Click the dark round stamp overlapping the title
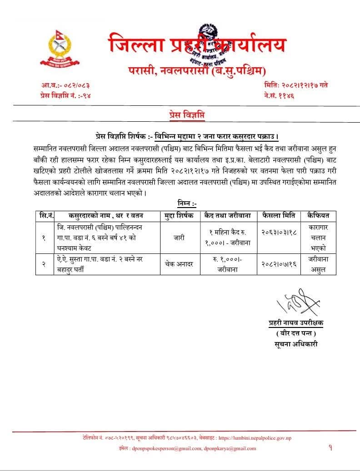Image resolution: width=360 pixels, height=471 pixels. click(210, 45)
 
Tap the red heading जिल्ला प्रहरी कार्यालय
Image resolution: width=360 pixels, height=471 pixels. click(198, 45)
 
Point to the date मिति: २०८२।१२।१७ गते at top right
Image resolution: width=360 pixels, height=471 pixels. click(295, 85)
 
